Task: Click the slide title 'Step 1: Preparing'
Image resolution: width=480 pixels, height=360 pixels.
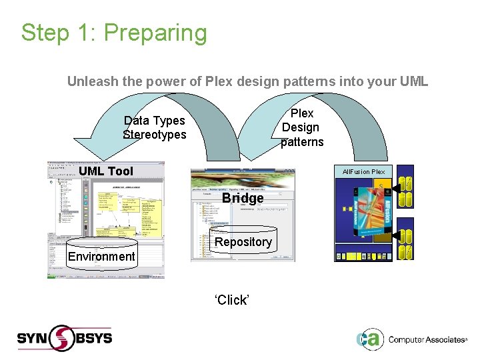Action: (114, 33)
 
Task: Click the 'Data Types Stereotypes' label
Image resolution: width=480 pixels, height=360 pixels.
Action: (155, 127)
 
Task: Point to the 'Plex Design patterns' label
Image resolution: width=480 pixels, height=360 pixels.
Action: (301, 127)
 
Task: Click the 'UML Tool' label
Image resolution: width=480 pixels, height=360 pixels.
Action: (106, 171)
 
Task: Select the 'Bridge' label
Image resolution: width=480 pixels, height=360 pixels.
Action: (243, 198)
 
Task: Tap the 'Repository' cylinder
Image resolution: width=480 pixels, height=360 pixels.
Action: (243, 241)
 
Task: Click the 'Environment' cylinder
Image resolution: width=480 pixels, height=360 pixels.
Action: (101, 256)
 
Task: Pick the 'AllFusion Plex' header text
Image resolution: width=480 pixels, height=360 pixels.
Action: (363, 172)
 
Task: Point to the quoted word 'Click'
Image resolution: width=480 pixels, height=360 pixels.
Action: (231, 300)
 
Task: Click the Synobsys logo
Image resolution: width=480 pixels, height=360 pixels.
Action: (65, 337)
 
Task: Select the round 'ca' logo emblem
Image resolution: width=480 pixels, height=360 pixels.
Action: (369, 339)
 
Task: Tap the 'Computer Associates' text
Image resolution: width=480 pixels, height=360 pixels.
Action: (427, 339)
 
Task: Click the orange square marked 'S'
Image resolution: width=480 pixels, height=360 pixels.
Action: (381, 185)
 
